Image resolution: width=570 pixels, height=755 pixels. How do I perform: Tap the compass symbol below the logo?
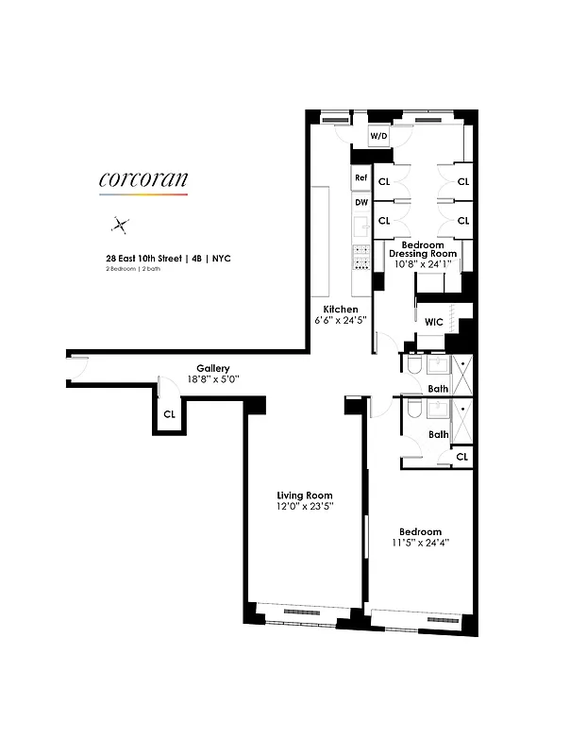coord(120,225)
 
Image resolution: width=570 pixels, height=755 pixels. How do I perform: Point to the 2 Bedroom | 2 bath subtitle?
coord(137,270)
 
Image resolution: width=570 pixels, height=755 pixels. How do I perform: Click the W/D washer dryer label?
coord(378,136)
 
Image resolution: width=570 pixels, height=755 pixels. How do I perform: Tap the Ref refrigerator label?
coord(360,178)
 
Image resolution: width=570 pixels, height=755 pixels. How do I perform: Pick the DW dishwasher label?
coord(360,202)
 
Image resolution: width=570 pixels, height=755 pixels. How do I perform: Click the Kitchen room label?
coord(340,310)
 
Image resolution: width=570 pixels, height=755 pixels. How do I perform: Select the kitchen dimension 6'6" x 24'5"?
coord(340,321)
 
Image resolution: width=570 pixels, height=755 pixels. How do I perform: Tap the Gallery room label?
coord(213,368)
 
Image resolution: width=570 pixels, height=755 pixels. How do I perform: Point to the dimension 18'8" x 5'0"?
coord(213,379)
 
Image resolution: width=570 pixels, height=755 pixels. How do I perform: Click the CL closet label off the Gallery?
coord(169,413)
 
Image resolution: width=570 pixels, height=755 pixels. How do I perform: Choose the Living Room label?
coord(304,495)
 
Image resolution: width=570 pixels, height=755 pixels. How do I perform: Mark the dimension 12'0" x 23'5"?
coord(304,508)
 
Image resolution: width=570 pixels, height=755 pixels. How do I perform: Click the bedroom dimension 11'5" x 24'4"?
coord(420,543)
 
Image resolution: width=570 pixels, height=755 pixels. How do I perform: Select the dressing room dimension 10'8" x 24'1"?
coord(424,265)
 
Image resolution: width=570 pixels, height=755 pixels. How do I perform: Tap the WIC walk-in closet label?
coord(433,322)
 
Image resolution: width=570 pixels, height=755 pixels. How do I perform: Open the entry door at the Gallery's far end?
coord(78,369)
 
